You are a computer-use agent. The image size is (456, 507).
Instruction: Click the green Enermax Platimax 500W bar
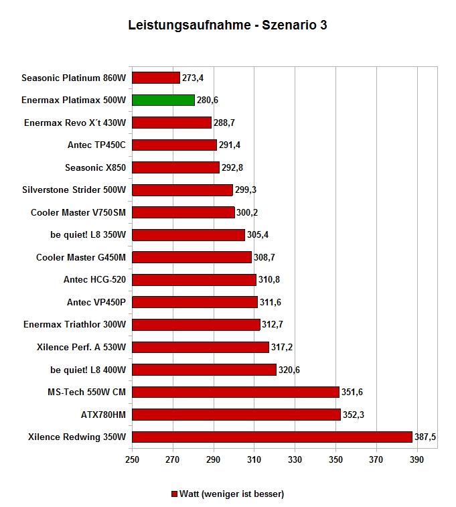tap(163, 100)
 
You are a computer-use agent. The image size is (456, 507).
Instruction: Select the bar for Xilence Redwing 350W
tap(272, 437)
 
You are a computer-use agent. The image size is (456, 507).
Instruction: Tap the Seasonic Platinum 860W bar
tap(156, 78)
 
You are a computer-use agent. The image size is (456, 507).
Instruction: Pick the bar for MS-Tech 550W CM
tap(236, 392)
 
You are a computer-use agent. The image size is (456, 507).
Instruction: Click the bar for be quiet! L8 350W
tap(188, 234)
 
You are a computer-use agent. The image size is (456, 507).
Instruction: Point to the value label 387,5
tap(425, 437)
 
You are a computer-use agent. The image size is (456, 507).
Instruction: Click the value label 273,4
tap(193, 78)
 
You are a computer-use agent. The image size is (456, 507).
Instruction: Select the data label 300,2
tap(247, 212)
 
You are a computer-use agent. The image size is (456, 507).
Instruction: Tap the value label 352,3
tap(354, 415)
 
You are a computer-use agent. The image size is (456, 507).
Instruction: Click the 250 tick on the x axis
tap(132, 459)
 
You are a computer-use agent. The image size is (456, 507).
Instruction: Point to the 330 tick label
tap(295, 459)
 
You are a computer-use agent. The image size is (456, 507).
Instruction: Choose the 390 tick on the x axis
tap(416, 459)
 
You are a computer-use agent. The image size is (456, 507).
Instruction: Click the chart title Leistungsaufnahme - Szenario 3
tap(228, 25)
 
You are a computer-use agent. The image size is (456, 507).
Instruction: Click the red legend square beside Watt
tap(174, 494)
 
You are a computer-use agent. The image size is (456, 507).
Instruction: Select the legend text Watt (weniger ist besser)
tap(232, 494)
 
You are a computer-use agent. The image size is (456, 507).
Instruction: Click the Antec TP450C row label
tap(96, 145)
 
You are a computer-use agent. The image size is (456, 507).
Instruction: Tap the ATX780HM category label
tap(103, 415)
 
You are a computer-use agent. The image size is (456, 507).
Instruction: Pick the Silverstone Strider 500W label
tap(74, 190)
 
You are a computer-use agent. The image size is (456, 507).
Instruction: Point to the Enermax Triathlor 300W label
tap(74, 324)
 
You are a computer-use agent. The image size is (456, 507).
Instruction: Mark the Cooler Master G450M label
tap(81, 257)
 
